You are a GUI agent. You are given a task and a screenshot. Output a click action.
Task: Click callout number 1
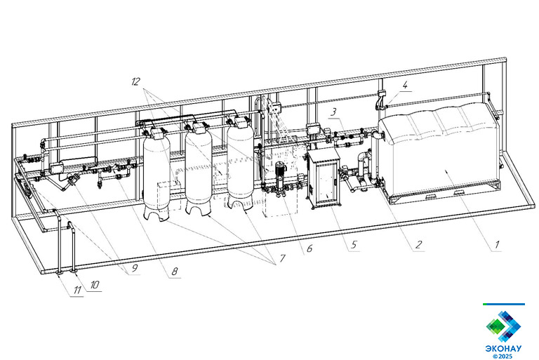496,245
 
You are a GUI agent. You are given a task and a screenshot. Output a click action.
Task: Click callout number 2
418,244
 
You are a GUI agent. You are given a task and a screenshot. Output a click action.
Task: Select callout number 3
333,112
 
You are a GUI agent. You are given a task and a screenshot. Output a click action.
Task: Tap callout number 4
405,85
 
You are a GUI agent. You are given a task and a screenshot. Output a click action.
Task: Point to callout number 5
354,244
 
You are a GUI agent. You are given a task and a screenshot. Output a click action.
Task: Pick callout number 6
310,248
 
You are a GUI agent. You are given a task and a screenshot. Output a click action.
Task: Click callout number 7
283,258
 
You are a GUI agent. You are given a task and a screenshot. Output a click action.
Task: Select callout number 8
175,272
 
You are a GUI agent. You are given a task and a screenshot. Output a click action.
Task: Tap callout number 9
134,267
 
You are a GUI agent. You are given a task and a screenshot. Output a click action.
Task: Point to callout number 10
95,285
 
